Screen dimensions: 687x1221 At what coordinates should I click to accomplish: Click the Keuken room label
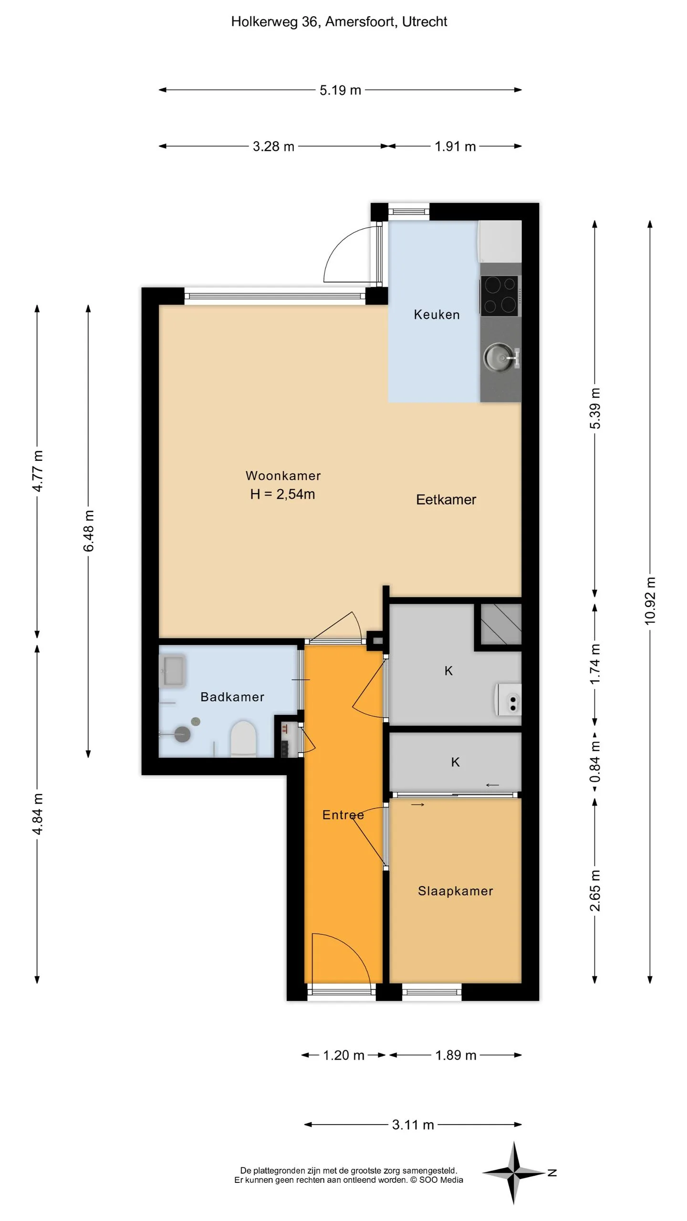coord(437,315)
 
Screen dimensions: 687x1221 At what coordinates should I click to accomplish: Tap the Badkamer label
coord(232,697)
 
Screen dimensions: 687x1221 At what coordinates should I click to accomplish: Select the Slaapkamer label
coord(456,891)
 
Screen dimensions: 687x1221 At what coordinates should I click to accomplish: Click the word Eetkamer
coord(446,499)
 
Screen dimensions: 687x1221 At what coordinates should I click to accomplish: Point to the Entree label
coord(343,815)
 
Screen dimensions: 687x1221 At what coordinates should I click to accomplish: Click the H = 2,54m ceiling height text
coord(283,494)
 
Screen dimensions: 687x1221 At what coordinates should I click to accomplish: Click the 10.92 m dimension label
coord(650,600)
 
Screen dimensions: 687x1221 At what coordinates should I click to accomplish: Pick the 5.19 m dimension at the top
coord(340,90)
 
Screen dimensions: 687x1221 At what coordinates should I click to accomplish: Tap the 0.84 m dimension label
coord(595,763)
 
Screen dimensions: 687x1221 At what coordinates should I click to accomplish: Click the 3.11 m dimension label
coord(413,1125)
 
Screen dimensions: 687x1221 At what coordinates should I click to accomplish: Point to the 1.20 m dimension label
coord(343,1055)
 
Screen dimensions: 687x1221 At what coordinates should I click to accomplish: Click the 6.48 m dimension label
coord(89,531)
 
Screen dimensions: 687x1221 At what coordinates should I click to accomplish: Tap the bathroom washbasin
coord(172,671)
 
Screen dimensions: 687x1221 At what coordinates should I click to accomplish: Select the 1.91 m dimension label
coord(455,146)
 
